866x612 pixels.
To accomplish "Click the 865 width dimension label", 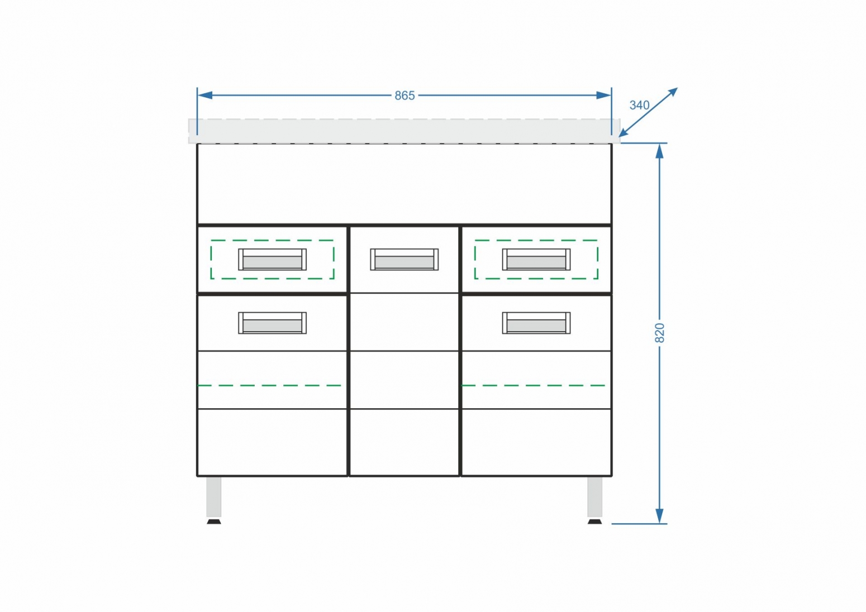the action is coord(405,95).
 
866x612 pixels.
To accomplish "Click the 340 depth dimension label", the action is coord(640,105).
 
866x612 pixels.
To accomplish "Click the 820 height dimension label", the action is coord(659,333).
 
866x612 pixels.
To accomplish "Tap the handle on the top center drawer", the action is coord(405,259).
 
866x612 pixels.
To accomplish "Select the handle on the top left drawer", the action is coord(273,259).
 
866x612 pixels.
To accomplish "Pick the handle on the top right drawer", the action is coord(536,259).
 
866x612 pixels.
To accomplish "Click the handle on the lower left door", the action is coord(273,323).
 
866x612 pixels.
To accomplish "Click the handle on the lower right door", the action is coord(536,323).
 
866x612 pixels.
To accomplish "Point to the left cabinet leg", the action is coord(214,497).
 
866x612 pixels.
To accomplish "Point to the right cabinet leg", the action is coord(594,497).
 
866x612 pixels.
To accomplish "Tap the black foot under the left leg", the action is coord(214,522).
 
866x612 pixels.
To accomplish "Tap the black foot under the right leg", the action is coord(594,522).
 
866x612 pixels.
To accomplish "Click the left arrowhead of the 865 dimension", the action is coord(204,95).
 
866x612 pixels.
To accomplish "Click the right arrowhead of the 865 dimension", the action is coord(604,95).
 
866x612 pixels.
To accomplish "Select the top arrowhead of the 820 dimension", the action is coord(659,151).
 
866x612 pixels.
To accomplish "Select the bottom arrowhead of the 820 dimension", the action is coord(659,516).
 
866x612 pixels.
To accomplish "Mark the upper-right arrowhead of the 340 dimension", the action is coord(673,92).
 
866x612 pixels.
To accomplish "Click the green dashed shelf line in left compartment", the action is coord(269,386).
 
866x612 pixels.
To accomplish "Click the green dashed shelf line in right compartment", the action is coord(533,386).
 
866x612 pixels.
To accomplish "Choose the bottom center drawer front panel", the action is coord(405,442).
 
